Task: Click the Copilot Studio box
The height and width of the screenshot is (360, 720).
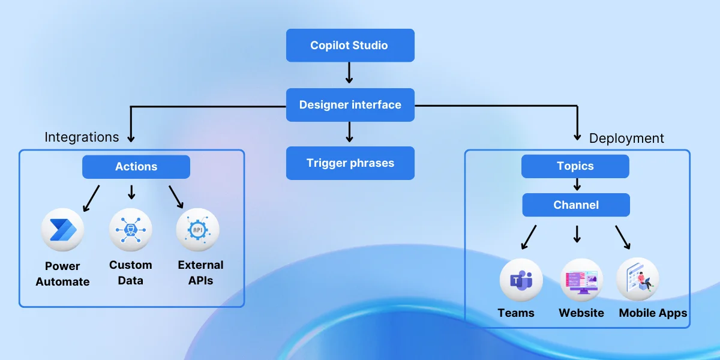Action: pyautogui.click(x=350, y=46)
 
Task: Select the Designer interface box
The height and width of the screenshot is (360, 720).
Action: pyautogui.click(x=350, y=105)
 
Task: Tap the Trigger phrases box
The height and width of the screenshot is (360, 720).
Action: pyautogui.click(x=350, y=163)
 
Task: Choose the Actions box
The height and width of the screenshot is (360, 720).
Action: pyautogui.click(x=136, y=167)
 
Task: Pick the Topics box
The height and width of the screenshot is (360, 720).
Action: pyautogui.click(x=575, y=166)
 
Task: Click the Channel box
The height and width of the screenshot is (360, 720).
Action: pyautogui.click(x=575, y=205)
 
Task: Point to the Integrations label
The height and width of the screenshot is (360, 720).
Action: pyautogui.click(x=82, y=137)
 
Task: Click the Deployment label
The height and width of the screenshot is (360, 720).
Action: pyautogui.click(x=626, y=138)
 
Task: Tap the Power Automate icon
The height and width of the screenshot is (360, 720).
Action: pyautogui.click(x=62, y=229)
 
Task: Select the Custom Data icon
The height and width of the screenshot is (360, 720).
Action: pyautogui.click(x=130, y=229)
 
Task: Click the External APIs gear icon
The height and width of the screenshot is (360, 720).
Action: pyautogui.click(x=197, y=229)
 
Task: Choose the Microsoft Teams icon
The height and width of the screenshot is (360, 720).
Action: pyautogui.click(x=521, y=280)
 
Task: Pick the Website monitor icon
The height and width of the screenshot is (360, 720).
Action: pyautogui.click(x=581, y=280)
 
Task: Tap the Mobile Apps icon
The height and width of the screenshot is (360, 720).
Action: pyautogui.click(x=638, y=279)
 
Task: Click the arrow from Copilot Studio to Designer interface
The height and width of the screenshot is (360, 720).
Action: pyautogui.click(x=349, y=73)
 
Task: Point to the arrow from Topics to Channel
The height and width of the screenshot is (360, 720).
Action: pyautogui.click(x=577, y=184)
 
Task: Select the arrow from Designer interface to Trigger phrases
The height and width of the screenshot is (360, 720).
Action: pyautogui.click(x=349, y=132)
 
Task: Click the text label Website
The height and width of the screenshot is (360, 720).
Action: pyautogui.click(x=581, y=313)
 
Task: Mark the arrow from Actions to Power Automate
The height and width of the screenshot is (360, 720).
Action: pyautogui.click(x=91, y=199)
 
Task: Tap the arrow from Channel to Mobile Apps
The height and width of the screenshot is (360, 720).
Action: pyautogui.click(x=623, y=238)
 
